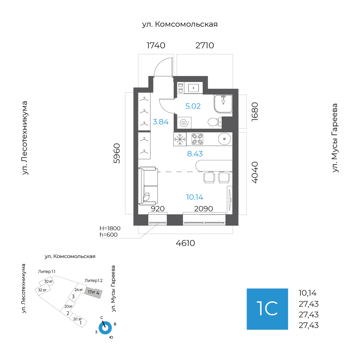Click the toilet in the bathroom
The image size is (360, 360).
click(215, 122)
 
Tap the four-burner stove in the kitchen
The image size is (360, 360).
click(197, 139)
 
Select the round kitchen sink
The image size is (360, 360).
click(224, 139)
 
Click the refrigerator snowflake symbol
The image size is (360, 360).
click(180, 139)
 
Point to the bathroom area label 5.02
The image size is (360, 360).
click(193, 106)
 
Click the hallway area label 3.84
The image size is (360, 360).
click(160, 122)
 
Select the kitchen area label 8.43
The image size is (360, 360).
click(195, 154)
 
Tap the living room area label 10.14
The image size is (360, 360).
click(194, 197)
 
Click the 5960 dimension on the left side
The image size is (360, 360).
click(117, 153)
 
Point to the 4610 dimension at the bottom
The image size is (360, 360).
click(185, 243)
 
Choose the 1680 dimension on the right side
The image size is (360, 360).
click(255, 112)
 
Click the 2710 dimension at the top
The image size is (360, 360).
click(205, 45)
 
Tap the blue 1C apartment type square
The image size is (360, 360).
click(267, 309)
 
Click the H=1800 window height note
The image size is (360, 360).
click(110, 228)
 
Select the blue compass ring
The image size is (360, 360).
click(105, 328)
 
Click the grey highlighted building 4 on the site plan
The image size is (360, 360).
click(93, 293)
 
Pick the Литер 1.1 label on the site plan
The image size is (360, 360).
click(47, 271)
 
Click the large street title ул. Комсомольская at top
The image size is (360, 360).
click(180, 24)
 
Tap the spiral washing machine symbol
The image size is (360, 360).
click(184, 123)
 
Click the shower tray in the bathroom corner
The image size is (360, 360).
click(223, 104)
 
